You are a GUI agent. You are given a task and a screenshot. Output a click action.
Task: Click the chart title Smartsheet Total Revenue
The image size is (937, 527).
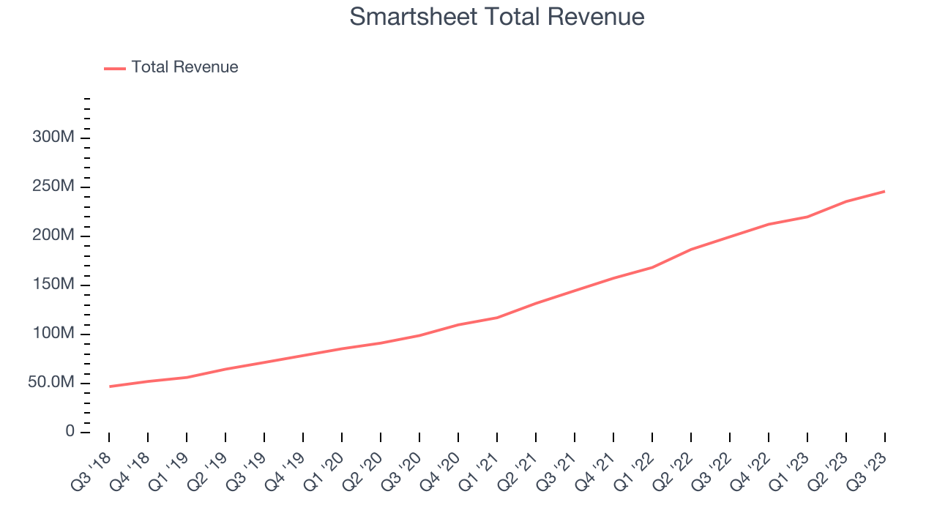click(497, 16)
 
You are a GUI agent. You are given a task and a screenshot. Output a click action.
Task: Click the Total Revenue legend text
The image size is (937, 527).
click(184, 67)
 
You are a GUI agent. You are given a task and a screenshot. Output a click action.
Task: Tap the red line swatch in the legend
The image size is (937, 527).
click(115, 68)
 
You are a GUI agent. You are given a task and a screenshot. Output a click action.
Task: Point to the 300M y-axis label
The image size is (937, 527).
click(53, 138)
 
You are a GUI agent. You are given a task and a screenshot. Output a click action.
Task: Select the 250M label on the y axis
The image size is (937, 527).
click(53, 187)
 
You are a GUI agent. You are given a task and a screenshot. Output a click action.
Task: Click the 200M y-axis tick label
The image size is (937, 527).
click(53, 236)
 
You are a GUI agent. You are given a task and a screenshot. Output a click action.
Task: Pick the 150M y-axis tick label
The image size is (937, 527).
click(53, 285)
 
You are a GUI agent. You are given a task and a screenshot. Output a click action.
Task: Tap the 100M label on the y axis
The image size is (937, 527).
click(53, 334)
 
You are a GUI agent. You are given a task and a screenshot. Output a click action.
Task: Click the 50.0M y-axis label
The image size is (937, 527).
click(51, 383)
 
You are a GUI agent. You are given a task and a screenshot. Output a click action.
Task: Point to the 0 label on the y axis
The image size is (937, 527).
click(70, 432)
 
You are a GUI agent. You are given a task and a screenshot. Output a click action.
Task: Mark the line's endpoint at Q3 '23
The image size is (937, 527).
click(884, 192)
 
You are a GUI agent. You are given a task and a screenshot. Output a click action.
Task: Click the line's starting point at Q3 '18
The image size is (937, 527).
click(109, 386)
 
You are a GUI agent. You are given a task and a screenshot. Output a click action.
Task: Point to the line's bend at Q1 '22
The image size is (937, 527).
click(652, 267)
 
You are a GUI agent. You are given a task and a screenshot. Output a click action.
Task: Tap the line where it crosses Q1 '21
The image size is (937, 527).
click(497, 318)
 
